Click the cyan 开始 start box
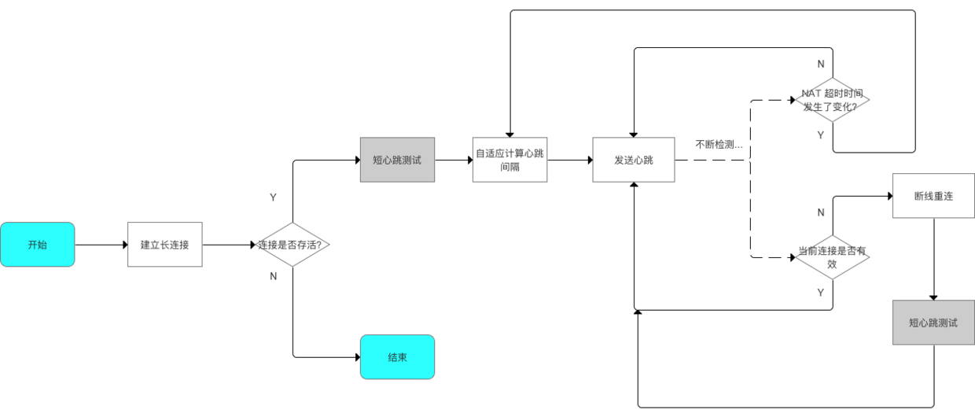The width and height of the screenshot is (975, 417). [x=37, y=245]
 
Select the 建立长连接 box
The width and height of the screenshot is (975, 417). [x=164, y=245]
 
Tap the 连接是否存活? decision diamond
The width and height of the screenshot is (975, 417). [x=293, y=245]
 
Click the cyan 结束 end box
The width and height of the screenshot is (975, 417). [x=397, y=357]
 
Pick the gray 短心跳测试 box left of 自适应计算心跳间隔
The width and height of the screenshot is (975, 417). [x=397, y=160]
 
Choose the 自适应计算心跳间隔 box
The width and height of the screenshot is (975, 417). [x=510, y=160]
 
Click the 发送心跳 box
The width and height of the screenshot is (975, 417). [x=634, y=160]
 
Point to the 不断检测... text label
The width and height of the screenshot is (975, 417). [x=719, y=144]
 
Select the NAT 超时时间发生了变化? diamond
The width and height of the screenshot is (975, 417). [x=832, y=100]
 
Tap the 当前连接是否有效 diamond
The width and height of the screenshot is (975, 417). [x=832, y=257]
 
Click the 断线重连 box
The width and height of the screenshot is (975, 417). [x=933, y=196]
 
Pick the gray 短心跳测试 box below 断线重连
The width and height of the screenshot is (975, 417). [x=933, y=323]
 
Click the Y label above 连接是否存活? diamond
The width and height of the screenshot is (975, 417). [x=273, y=197]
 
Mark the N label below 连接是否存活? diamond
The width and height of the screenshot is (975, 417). [x=273, y=276]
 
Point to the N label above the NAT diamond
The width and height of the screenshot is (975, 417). [x=821, y=64]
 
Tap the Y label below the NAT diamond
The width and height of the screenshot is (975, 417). [x=821, y=135]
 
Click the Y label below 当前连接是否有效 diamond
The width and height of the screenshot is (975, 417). [x=821, y=292]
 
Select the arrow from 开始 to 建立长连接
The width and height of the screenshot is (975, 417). [x=101, y=245]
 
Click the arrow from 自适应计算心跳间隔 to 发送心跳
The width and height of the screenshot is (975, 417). [x=570, y=160]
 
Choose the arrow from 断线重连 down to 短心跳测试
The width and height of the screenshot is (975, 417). [x=933, y=260]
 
